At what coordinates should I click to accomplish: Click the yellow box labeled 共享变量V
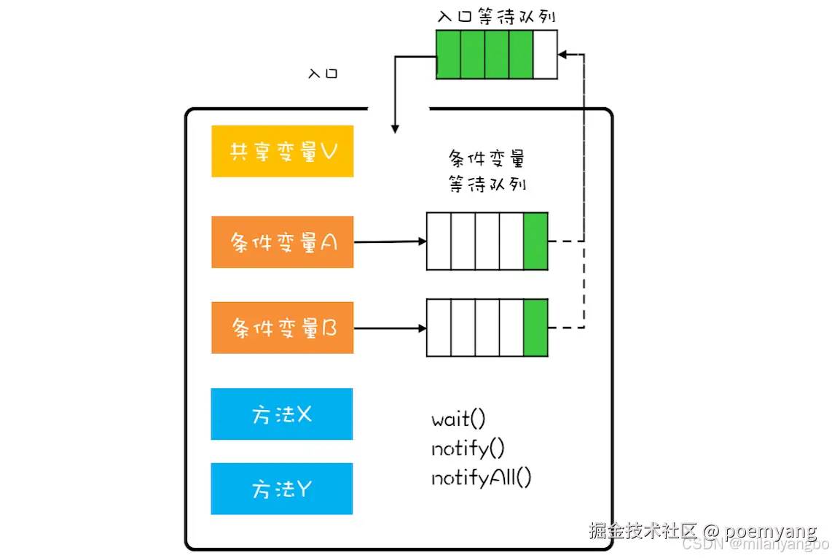tap(282, 151)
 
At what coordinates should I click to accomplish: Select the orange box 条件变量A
tap(282, 241)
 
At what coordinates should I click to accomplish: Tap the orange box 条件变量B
tap(282, 328)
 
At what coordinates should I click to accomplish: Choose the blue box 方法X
tap(281, 414)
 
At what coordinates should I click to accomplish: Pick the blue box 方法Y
tap(281, 488)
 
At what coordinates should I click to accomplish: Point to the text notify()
tap(468, 449)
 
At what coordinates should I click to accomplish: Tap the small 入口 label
tap(323, 74)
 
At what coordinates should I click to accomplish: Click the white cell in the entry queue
tap(545, 54)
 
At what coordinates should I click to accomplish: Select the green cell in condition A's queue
tap(535, 241)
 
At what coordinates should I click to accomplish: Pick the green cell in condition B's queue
tap(535, 328)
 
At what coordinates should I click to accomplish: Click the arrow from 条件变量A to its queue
tap(390, 241)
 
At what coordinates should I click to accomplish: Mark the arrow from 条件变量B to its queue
tap(390, 328)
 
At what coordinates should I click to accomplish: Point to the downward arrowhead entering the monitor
tap(395, 128)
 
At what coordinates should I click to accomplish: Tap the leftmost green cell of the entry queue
tap(448, 54)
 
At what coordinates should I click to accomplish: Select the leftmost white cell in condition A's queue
tap(439, 241)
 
